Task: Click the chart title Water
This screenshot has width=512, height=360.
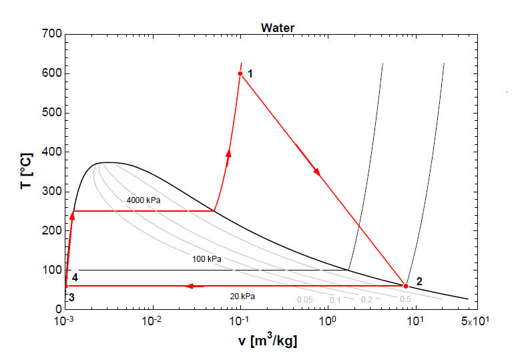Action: [277, 27]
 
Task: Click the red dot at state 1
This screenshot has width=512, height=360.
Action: [240, 73]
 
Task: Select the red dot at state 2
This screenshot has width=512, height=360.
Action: [406, 286]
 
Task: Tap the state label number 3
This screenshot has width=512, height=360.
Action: [71, 297]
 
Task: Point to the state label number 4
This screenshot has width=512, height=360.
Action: [75, 277]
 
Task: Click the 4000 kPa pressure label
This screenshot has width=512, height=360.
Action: [144, 200]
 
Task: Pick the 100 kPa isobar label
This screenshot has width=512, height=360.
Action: [207, 258]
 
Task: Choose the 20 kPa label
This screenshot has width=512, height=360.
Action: [242, 296]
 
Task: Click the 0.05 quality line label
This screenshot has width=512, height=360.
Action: [304, 300]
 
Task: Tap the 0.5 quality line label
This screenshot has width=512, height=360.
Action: [405, 299]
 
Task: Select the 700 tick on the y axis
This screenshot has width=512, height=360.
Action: [51, 34]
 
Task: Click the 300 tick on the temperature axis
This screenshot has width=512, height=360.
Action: [51, 192]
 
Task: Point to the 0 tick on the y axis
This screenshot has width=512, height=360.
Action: [58, 309]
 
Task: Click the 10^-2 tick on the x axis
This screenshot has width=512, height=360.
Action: [152, 321]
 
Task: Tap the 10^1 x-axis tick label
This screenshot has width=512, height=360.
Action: [415, 321]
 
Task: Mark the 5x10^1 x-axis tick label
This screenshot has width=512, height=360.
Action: [475, 321]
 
